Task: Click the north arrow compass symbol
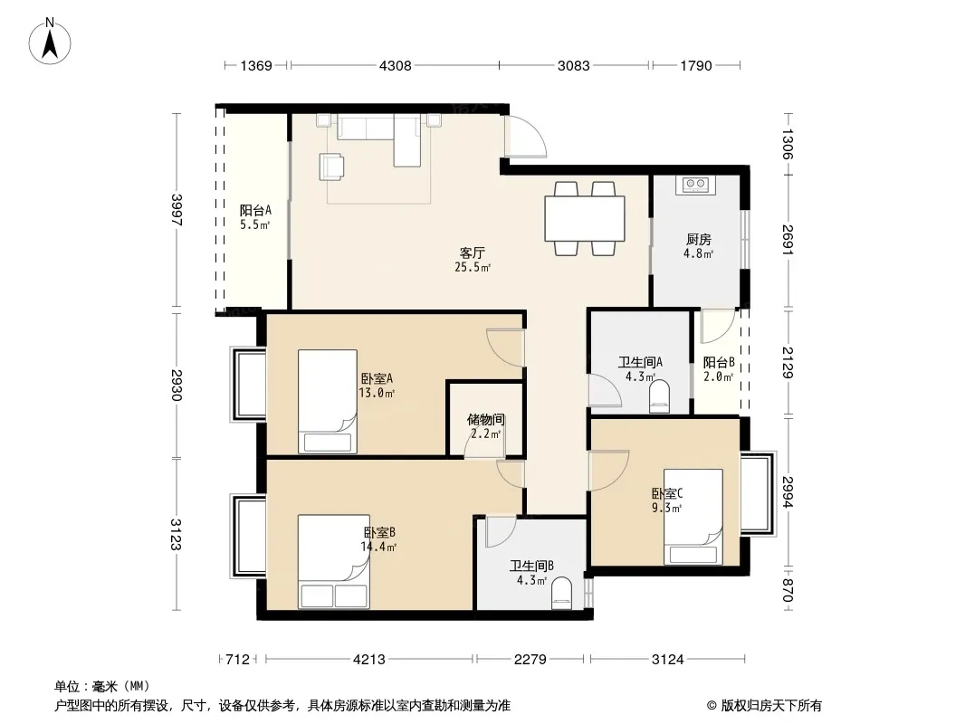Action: pos(50,41)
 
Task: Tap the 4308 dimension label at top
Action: pos(395,65)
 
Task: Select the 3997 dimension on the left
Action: pos(177,210)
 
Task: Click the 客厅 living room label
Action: pos(472,252)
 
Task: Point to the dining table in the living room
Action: pos(585,218)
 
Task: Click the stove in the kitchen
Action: pos(696,185)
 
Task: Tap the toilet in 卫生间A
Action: pos(659,396)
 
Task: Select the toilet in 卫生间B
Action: pos(560,595)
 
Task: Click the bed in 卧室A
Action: pos(328,401)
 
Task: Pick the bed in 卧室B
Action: pos(333,561)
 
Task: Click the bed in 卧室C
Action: pos(693,516)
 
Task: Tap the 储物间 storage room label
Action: pos(485,420)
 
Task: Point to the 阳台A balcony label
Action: pos(255,210)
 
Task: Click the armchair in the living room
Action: pos(331,167)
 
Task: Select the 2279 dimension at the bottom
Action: pos(530,660)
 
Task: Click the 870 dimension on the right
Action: pos(788,591)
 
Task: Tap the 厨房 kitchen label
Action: pos(699,239)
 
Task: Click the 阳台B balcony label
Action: pos(719,362)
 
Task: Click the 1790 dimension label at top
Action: pos(696,65)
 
